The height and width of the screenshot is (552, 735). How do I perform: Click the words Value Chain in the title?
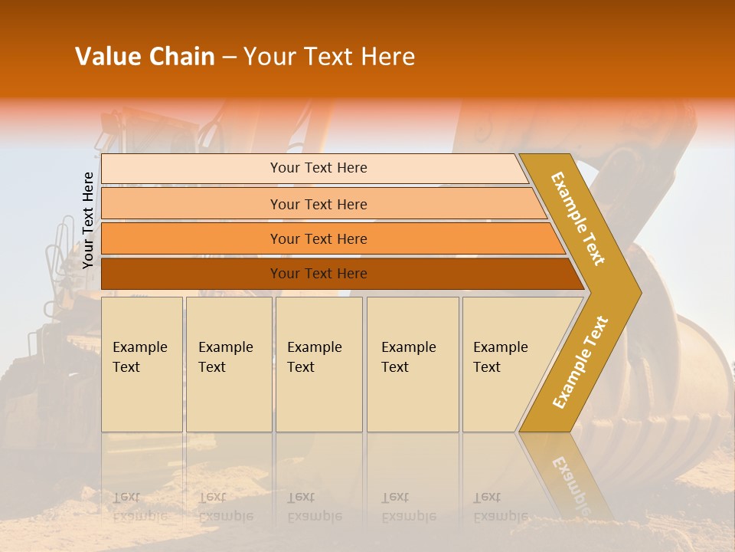point(145,57)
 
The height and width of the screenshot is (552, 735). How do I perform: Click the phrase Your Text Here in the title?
point(329,57)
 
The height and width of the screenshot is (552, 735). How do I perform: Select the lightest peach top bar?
point(191,169)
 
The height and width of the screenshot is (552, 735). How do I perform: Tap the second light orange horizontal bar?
point(191,204)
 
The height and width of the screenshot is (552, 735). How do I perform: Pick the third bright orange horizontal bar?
point(191,239)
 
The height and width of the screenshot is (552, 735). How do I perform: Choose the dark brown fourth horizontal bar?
point(191,274)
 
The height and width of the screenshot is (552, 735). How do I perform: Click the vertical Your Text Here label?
point(88,221)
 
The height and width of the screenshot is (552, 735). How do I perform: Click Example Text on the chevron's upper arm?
point(578,218)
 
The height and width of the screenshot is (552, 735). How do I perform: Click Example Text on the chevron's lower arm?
point(580,362)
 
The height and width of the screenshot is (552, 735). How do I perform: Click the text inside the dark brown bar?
point(318,274)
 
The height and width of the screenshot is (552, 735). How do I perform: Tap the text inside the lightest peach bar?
point(318,168)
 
